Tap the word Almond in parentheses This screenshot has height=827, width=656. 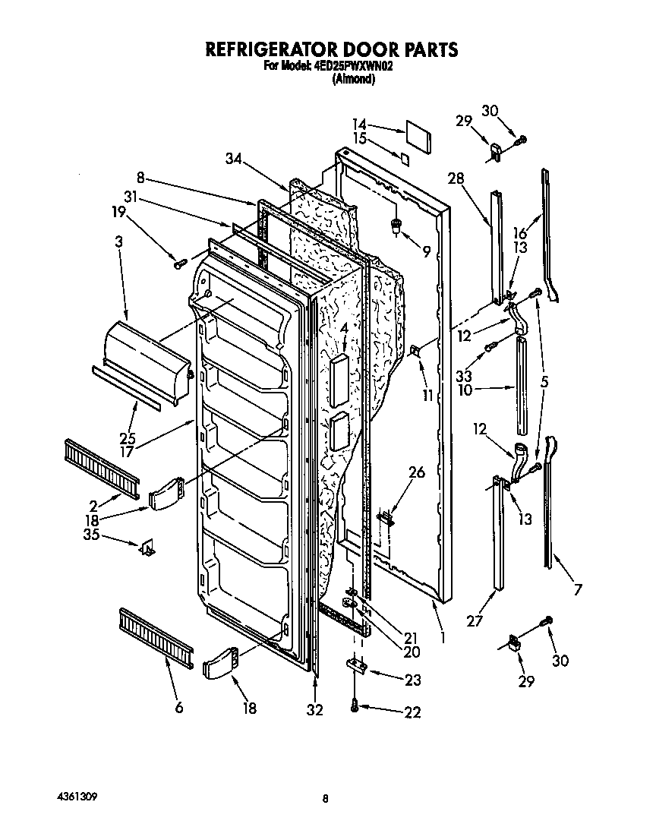(x=353, y=78)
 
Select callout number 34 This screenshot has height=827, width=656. (x=234, y=159)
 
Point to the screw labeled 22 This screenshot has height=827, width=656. (x=355, y=706)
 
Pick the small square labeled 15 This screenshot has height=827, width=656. (x=405, y=159)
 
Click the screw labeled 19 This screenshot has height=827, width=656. (x=180, y=264)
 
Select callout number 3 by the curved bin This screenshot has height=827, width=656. (x=119, y=241)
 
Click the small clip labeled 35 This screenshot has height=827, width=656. (x=147, y=548)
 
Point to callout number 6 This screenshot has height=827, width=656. (x=179, y=708)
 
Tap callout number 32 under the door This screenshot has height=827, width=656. (x=314, y=709)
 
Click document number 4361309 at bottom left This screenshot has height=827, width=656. (x=77, y=797)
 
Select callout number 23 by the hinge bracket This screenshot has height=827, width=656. (x=413, y=680)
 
